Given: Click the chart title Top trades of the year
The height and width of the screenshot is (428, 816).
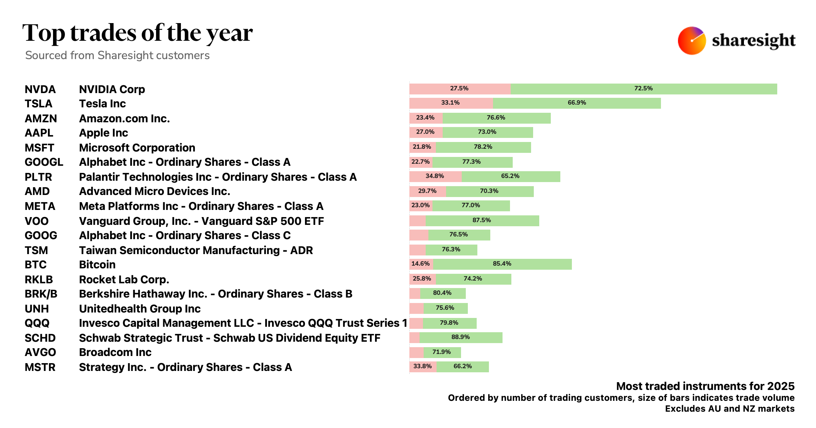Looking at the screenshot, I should click(x=137, y=33).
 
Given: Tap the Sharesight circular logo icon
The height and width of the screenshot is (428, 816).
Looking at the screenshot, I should click(x=692, y=40).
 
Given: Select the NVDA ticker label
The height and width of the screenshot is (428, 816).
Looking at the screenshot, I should click(x=40, y=89).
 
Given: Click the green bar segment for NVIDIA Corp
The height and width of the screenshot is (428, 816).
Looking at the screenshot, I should click(x=643, y=89).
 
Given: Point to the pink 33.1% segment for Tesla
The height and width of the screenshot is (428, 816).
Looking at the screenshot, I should click(x=451, y=103).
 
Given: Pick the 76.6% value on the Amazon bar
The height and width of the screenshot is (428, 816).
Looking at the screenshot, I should click(x=496, y=118).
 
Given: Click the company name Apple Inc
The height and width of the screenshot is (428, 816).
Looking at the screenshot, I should click(x=103, y=133).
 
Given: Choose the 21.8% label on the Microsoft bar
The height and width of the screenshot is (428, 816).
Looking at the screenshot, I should click(x=422, y=147).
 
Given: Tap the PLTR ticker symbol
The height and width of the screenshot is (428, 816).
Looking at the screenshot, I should click(x=38, y=177).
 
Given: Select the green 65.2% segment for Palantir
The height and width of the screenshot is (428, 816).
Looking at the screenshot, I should click(x=510, y=176).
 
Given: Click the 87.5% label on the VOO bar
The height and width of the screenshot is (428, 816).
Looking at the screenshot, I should click(x=481, y=220).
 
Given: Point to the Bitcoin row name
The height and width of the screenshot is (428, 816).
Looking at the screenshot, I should click(x=97, y=265).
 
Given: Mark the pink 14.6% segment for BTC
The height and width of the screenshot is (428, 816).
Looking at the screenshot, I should click(x=421, y=264).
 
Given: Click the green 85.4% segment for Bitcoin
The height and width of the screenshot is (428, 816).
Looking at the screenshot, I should click(x=502, y=264).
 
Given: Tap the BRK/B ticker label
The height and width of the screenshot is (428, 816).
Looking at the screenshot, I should click(x=41, y=294).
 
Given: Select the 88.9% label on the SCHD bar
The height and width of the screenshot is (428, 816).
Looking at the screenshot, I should click(x=460, y=337).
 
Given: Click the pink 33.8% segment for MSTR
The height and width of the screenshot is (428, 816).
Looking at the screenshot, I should click(x=422, y=367).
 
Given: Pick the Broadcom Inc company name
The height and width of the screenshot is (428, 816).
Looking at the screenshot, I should click(x=115, y=352).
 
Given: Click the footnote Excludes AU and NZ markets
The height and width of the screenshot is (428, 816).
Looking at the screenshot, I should click(x=730, y=409).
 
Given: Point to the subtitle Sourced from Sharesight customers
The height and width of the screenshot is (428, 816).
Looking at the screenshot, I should click(x=117, y=55).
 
